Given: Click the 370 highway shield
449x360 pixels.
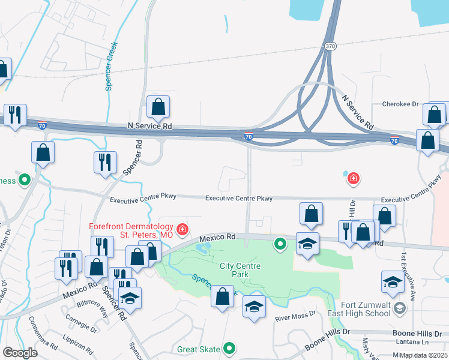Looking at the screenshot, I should coord(330,46).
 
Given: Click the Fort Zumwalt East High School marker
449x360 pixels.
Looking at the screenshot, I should coord(401,308).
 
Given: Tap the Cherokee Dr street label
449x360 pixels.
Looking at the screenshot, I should coord(400,104).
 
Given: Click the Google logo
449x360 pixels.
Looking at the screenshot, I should coord(20,353).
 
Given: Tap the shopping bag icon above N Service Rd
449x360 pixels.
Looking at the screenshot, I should coord(158,108).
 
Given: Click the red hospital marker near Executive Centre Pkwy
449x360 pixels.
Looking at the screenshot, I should coord(353,178).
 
